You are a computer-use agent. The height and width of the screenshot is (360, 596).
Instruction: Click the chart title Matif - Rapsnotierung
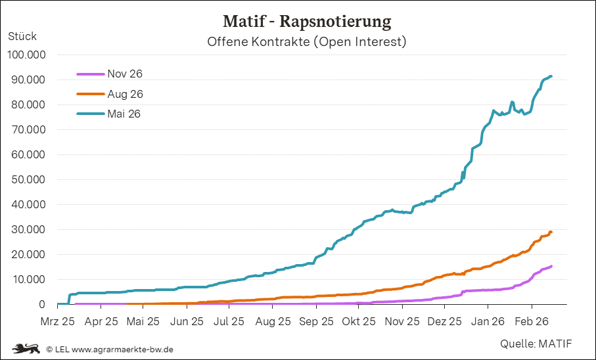click(307, 22)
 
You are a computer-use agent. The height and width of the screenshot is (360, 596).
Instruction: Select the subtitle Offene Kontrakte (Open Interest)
click(307, 42)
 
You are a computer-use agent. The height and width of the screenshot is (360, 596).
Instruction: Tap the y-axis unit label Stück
click(22, 37)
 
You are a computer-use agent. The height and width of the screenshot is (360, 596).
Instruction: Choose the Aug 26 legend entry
click(125, 94)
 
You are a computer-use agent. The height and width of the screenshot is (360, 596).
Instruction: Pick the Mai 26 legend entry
click(124, 114)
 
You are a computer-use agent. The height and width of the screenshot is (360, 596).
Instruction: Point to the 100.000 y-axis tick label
click(26, 55)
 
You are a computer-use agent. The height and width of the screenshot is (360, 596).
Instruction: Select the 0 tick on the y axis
click(42, 305)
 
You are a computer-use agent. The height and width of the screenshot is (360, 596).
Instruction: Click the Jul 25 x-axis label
click(230, 322)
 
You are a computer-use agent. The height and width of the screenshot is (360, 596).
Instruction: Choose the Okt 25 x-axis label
click(359, 322)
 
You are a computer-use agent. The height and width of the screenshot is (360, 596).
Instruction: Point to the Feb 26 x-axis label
click(531, 322)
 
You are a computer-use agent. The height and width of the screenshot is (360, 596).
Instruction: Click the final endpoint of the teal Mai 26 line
click(551, 76)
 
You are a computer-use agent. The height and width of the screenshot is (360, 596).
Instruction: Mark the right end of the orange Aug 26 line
click(551, 232)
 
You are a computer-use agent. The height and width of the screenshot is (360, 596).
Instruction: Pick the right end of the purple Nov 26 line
click(551, 266)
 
